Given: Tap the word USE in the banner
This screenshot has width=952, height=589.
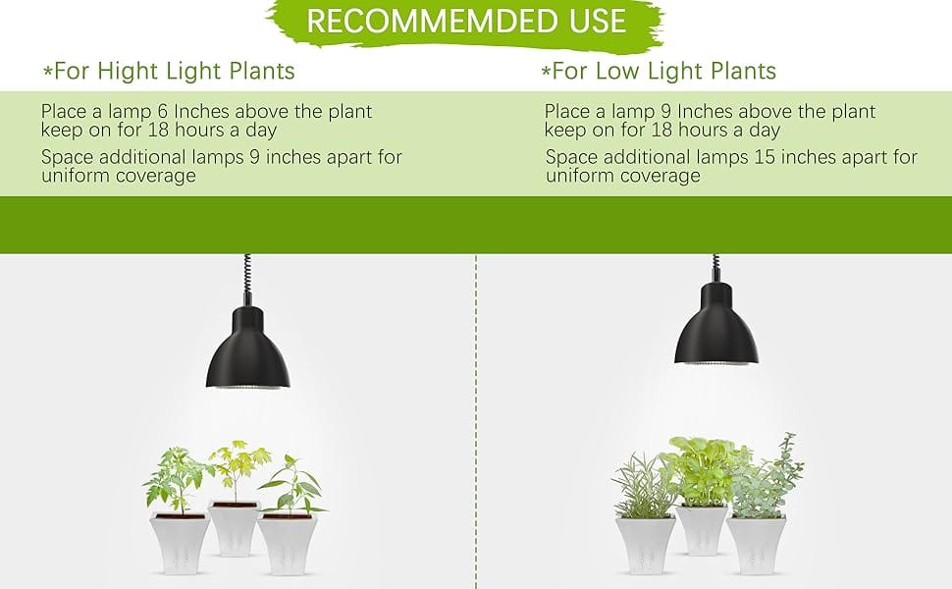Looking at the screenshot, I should [x=591, y=22].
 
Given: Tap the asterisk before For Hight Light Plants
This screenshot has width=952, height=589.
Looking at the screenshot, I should [x=47, y=73].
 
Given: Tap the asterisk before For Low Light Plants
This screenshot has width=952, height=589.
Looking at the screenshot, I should [x=545, y=73].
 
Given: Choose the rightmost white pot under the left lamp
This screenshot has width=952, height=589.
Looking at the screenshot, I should [x=287, y=545].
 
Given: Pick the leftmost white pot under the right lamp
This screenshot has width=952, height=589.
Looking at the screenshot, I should [x=645, y=545].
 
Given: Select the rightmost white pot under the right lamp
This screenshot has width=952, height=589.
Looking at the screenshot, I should [x=756, y=545].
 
